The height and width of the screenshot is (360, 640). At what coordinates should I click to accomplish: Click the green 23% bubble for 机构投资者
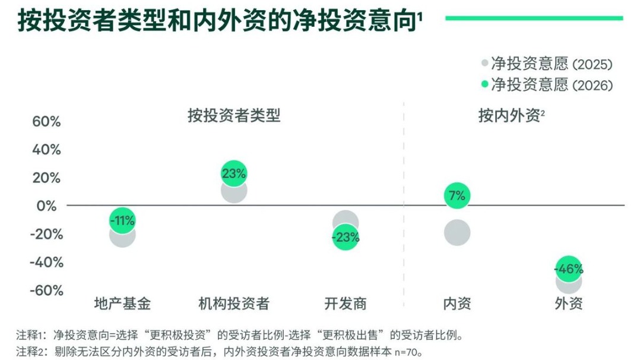click(233, 173)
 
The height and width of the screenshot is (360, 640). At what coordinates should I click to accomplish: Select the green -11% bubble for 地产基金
click(122, 220)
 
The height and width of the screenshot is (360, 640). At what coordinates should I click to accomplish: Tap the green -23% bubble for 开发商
click(346, 238)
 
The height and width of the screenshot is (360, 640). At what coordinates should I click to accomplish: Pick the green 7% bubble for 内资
click(457, 195)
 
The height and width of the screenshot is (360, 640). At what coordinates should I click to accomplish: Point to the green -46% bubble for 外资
click(568, 269)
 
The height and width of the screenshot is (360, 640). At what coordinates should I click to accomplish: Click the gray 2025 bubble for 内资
click(457, 232)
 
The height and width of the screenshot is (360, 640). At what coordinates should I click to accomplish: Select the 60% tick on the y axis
click(46, 122)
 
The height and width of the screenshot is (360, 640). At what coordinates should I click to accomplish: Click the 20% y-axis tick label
click(46, 178)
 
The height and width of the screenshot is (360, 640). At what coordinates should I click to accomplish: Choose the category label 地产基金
click(122, 304)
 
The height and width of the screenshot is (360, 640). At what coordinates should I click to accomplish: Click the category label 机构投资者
click(233, 304)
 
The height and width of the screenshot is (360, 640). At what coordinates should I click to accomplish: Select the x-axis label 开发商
click(346, 304)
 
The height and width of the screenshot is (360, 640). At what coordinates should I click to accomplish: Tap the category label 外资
click(568, 304)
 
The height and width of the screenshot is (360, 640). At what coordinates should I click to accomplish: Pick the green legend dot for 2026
click(484, 84)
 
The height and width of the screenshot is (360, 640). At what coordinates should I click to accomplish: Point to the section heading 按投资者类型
click(233, 115)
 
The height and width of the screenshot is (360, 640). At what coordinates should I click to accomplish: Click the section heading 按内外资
click(511, 115)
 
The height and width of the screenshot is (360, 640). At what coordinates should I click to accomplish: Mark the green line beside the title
click(534, 18)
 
